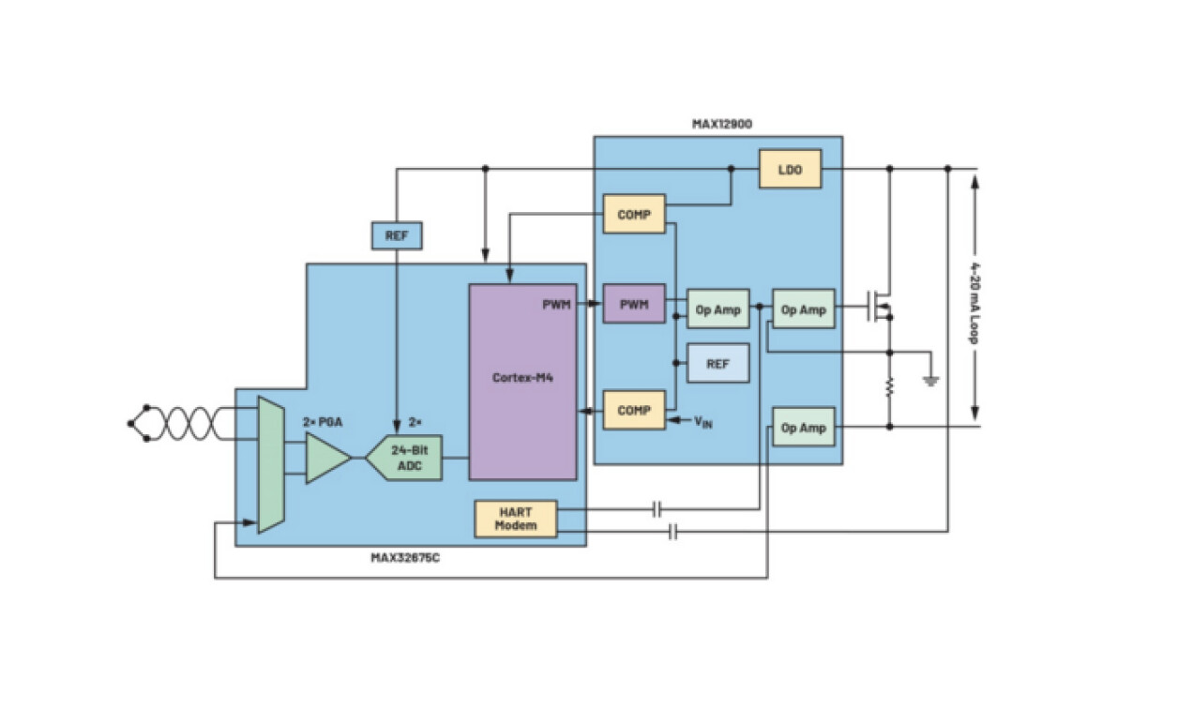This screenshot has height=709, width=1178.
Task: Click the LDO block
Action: (789, 169)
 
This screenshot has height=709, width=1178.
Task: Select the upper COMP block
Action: (634, 215)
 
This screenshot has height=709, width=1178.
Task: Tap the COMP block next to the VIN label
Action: (634, 410)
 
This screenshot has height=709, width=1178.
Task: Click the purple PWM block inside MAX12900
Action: (634, 304)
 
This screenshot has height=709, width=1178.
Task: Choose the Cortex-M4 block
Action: (522, 381)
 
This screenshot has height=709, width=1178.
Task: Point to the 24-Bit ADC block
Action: (405, 458)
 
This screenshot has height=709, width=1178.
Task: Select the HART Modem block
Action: (516, 518)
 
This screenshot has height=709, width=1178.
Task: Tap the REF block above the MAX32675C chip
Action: (397, 236)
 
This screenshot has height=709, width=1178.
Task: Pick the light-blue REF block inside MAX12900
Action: (717, 363)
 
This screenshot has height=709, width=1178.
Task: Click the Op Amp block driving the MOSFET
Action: (803, 309)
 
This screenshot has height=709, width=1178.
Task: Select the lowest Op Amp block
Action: (803, 427)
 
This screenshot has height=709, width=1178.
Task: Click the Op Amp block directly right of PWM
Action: (718, 309)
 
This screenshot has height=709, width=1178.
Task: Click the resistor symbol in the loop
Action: (889, 387)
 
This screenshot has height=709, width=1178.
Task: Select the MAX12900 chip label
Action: (721, 123)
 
